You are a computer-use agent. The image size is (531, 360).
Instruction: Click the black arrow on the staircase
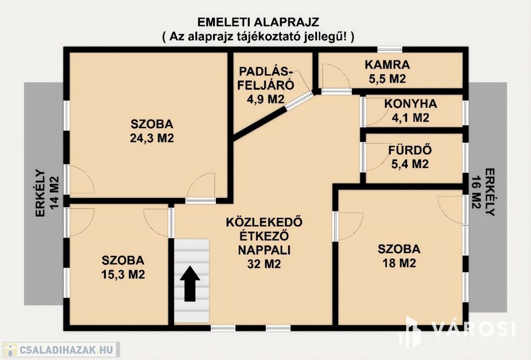(190, 284)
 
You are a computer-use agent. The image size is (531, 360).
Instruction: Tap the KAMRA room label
(387, 64)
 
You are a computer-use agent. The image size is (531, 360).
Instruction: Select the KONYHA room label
(411, 104)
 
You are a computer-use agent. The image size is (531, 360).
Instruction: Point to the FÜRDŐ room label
(410, 150)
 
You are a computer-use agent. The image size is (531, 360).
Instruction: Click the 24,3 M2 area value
(152, 138)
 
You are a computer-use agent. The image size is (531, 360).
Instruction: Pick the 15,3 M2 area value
(123, 274)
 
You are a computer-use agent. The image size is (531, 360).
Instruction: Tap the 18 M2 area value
(399, 263)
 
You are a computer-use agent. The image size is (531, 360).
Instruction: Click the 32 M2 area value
(264, 264)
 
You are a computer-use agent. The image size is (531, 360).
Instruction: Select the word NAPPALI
(264, 250)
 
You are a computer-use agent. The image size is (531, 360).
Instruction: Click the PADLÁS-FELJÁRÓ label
(265, 78)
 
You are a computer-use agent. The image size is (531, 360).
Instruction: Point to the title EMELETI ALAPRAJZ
(258, 22)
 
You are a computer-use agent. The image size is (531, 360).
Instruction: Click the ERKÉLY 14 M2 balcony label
(47, 192)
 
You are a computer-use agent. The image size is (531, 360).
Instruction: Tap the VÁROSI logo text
(473, 328)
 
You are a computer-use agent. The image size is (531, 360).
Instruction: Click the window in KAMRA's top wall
(390, 49)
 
